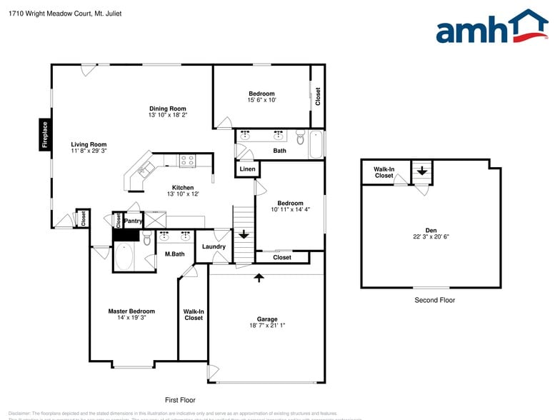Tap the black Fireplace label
click(x=44, y=136)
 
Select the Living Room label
click(x=89, y=145)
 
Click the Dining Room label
click(x=168, y=109)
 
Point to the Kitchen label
click(x=183, y=188)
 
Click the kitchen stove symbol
click(x=187, y=161)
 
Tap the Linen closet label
click(x=247, y=169)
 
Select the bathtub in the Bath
click(x=315, y=144)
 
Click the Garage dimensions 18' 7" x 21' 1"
click(x=267, y=326)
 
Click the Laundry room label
click(x=214, y=246)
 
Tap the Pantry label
click(x=134, y=221)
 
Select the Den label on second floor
click(x=431, y=230)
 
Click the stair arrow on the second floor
click(x=422, y=171)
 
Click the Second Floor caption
click(x=434, y=300)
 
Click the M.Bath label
click(x=175, y=254)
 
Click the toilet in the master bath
click(x=146, y=240)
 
